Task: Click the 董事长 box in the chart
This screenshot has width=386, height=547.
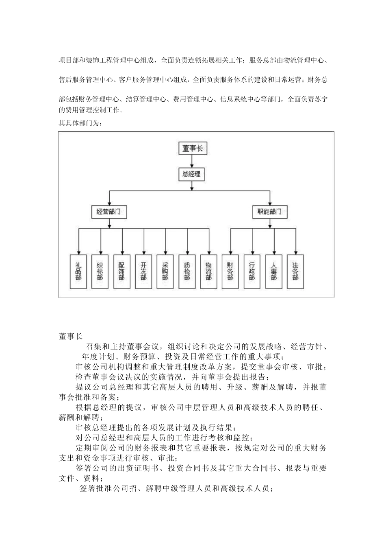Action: (193, 148)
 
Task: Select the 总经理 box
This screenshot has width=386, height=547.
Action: (192, 174)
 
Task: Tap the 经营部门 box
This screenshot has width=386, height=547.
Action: (108, 212)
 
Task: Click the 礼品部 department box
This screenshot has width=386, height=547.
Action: (78, 271)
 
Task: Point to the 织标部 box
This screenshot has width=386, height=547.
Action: (100, 271)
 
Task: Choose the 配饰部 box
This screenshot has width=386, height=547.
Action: (121, 271)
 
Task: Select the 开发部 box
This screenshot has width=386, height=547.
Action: (143, 271)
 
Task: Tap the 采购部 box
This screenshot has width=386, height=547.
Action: (165, 271)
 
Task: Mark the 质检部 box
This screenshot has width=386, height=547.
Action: (187, 271)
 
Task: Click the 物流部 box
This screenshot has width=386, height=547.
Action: (208, 271)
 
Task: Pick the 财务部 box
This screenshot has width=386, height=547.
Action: (230, 271)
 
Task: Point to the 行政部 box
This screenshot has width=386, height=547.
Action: (252, 271)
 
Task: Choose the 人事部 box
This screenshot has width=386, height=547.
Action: (274, 271)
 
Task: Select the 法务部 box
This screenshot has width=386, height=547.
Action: (295, 271)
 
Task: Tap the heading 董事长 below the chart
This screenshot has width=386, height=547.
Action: (70, 336)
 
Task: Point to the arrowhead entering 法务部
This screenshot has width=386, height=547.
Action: (295, 252)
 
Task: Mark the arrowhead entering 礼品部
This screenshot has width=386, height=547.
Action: (78, 252)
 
